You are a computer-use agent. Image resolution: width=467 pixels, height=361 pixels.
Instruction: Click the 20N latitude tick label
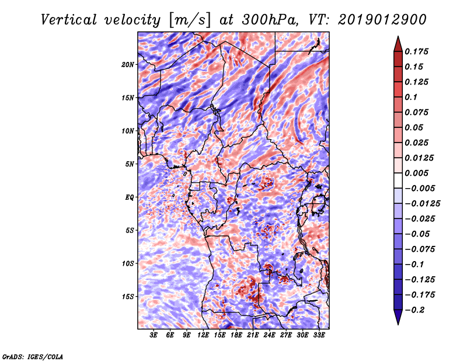coord(128,65)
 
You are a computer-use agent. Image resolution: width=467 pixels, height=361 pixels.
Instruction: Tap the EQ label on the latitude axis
coord(130,197)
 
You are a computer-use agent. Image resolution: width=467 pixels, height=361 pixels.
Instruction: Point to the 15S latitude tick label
coord(128,297)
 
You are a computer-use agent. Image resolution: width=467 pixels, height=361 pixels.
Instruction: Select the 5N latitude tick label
coord(130,164)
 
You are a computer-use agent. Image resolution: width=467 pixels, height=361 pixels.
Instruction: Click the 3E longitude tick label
coord(154,335)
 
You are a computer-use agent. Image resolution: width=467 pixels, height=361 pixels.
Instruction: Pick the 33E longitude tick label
coord(319,335)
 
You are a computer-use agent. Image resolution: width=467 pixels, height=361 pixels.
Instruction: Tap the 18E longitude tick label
coord(236,335)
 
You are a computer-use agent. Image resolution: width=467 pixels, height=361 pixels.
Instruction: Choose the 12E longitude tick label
coord(203,335)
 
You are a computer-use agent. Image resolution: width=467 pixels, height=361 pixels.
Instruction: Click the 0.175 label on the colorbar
coord(416,51)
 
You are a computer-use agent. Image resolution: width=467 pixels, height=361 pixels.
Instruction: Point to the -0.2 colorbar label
coord(414,310)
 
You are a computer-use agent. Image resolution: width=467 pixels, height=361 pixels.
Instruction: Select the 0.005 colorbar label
coord(416,173)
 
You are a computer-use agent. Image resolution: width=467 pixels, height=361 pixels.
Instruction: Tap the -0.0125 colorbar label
coord(422,204)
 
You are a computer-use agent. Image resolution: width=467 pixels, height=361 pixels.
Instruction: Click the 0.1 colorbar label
coord(411,97)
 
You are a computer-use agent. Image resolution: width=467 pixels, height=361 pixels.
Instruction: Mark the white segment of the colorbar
coord(398,180)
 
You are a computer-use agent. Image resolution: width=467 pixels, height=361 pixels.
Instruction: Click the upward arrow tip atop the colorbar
coord(398,36)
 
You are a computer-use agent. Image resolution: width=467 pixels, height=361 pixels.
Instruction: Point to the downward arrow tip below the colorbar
coord(398,325)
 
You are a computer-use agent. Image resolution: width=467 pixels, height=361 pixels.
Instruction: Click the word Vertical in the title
coord(69,20)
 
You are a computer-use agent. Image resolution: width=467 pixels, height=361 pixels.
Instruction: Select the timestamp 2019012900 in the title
coord(382,20)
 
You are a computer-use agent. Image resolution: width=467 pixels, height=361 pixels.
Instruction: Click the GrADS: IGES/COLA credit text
coord(32,357)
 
